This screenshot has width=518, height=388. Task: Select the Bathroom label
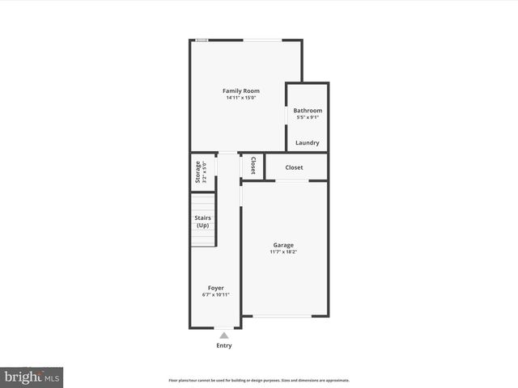click(308, 111)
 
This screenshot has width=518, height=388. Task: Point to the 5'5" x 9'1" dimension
click(308, 118)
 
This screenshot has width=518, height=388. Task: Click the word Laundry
click(308, 143)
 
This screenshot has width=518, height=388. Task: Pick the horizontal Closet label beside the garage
click(294, 167)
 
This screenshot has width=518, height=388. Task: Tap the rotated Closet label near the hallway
click(253, 166)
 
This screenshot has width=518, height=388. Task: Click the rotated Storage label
click(197, 172)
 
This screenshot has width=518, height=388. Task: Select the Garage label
click(283, 245)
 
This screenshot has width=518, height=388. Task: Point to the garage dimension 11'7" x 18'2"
click(283, 252)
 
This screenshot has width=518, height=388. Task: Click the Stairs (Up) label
click(202, 221)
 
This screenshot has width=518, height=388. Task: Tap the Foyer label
click(216, 288)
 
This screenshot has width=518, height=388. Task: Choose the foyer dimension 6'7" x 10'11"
click(216, 295)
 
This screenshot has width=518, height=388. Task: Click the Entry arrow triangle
click(224, 335)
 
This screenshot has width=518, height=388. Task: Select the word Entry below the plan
click(224, 346)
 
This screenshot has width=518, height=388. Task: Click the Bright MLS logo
click(32, 377)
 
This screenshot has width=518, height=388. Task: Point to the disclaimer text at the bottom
click(259, 380)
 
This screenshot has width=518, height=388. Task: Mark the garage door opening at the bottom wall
click(278, 316)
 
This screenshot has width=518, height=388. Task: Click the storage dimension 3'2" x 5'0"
click(205, 172)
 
